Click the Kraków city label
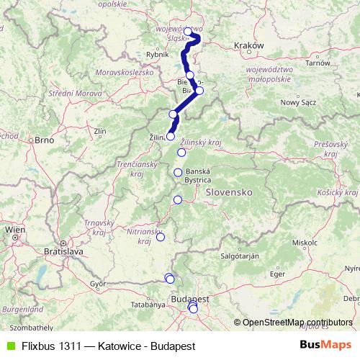pos(250,45)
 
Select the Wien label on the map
pos(14,230)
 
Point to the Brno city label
pos(45,141)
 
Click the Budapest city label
pos(190,297)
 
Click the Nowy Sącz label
pos(300,102)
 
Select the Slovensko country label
pos(228,193)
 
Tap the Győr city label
pos(98,284)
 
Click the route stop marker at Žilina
pos(171,136)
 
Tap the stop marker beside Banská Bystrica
pos(178,171)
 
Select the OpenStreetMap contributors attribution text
pos(296,322)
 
